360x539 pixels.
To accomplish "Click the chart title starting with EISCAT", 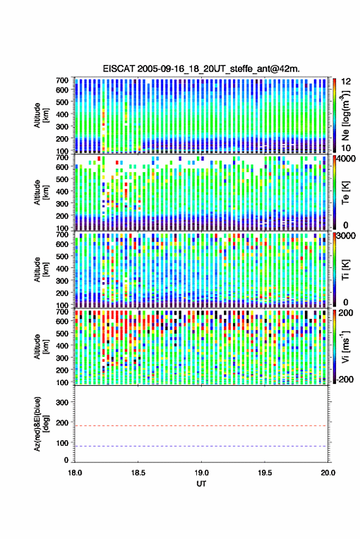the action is pyautogui.click(x=201, y=69).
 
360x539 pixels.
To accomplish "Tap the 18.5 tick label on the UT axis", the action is pyautogui.click(x=138, y=473).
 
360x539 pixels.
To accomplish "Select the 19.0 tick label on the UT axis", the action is pyautogui.click(x=201, y=473).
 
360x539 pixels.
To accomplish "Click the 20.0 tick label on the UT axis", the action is pyautogui.click(x=328, y=473).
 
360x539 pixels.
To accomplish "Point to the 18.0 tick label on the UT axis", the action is pyautogui.click(x=75, y=473).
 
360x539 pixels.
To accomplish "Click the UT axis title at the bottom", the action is pyautogui.click(x=201, y=484).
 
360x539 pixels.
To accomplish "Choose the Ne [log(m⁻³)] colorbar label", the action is pyautogui.click(x=345, y=115).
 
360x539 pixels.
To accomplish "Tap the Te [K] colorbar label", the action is pyautogui.click(x=345, y=193).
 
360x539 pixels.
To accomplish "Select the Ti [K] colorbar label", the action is pyautogui.click(x=345, y=270).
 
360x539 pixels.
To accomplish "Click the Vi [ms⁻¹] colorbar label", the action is pyautogui.click(x=345, y=346).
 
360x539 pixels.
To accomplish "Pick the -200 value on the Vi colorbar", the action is pyautogui.click(x=345, y=380).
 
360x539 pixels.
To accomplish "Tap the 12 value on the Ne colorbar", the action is pyautogui.click(x=346, y=82).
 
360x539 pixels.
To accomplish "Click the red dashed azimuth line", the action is pyautogui.click(x=201, y=426).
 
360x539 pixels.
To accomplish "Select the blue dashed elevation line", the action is pyautogui.click(x=201, y=446).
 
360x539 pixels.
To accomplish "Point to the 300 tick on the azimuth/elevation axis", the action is pyautogui.click(x=62, y=402).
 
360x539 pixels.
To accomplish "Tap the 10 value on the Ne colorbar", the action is pyautogui.click(x=346, y=148).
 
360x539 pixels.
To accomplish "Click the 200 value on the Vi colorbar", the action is pyautogui.click(x=346, y=313).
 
